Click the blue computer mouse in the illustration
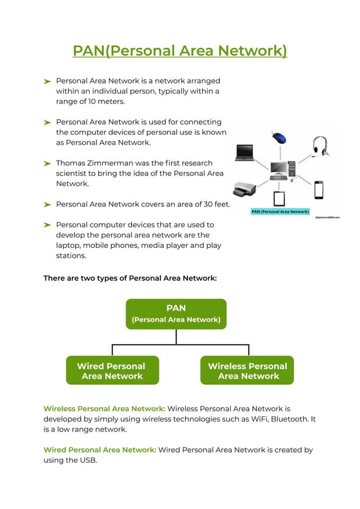pos(279,137)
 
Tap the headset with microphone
pos(321,145)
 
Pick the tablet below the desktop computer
pos(279,199)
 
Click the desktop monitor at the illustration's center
pos(279,168)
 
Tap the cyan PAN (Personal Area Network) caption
pos(280,212)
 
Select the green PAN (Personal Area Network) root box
pos(176,314)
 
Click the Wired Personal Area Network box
pos(112,371)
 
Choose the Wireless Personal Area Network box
pos(247,371)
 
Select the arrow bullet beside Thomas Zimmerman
pos(47,164)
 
